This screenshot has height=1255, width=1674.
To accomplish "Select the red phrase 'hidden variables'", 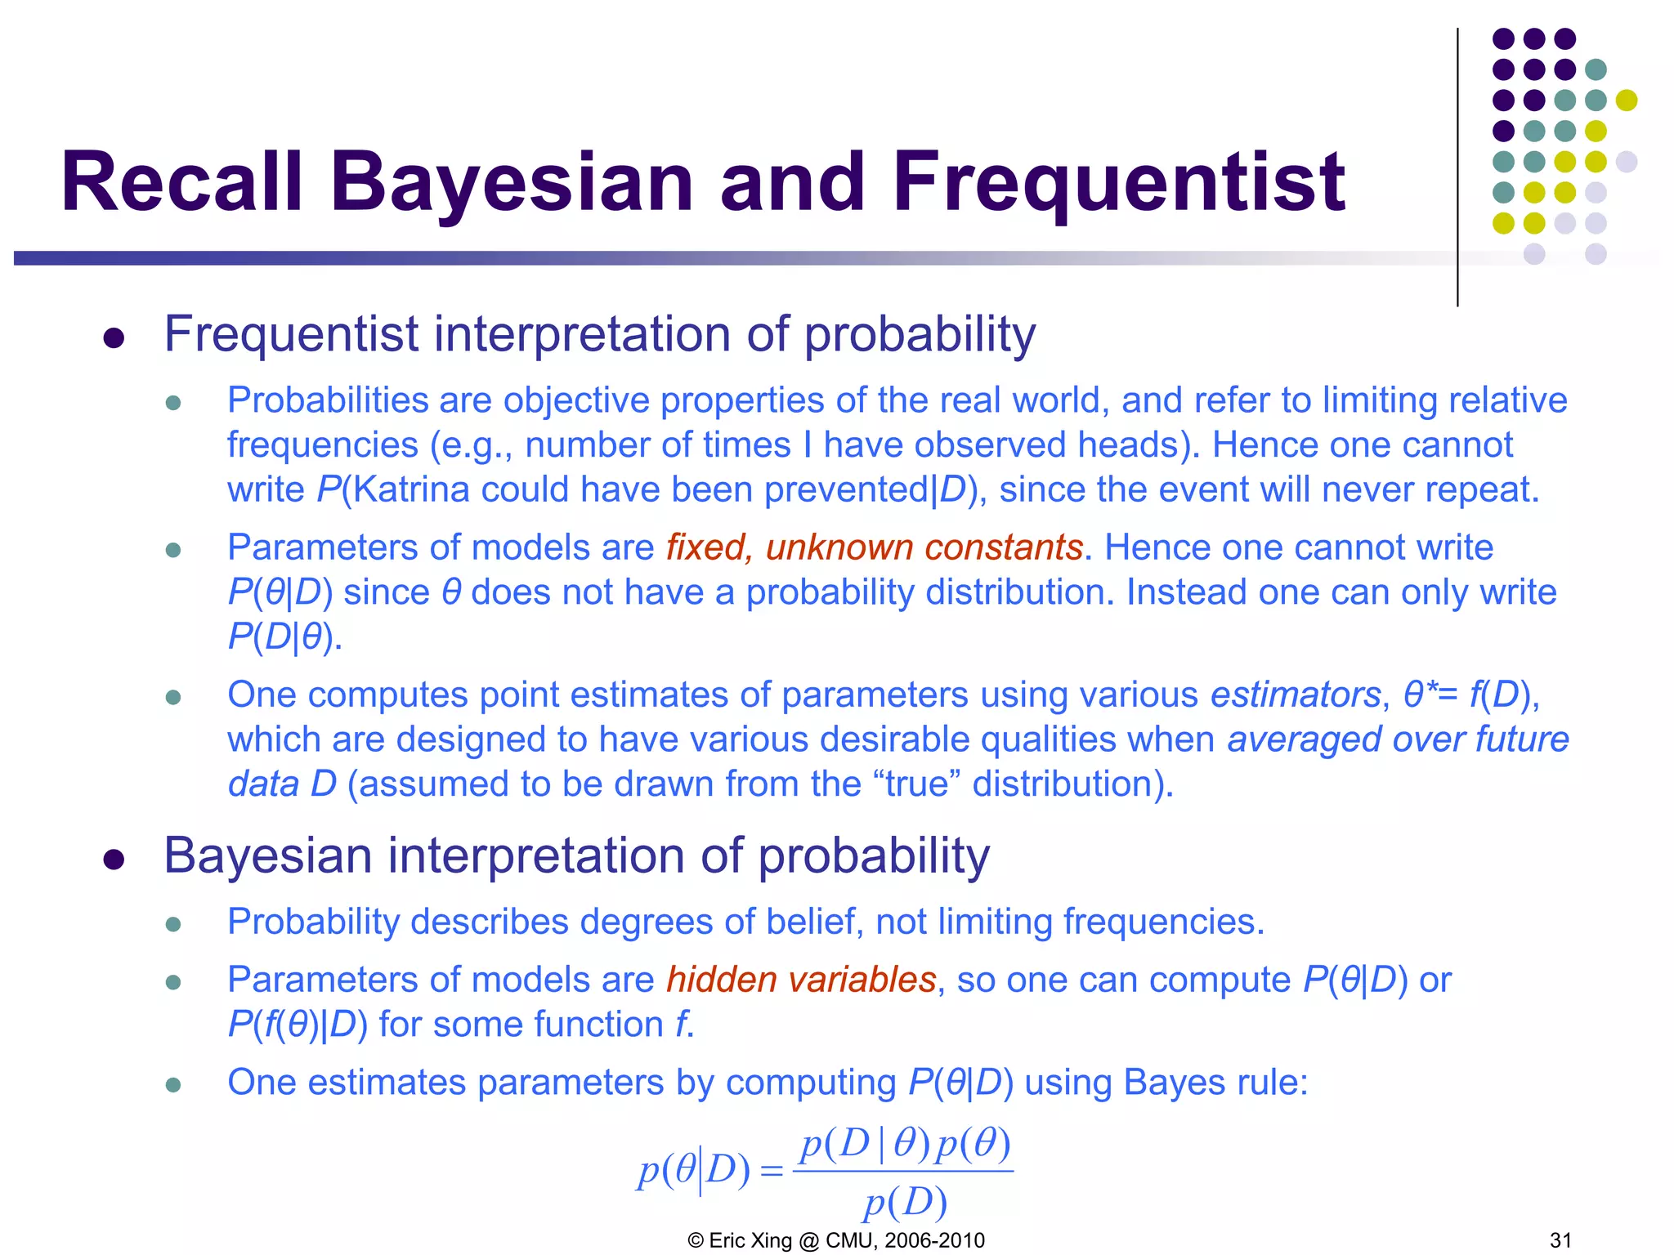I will (x=801, y=980).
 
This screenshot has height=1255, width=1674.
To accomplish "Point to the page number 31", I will (x=1560, y=1240).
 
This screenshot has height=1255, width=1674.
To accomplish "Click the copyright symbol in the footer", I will (x=696, y=1240).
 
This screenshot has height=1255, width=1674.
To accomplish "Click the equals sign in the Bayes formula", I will (x=771, y=1172).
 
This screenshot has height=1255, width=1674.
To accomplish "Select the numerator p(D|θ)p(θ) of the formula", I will (x=905, y=1144).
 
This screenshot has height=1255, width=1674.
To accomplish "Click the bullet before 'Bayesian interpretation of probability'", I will (x=114, y=860).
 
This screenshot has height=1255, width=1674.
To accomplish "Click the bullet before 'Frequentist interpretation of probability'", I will (x=114, y=338).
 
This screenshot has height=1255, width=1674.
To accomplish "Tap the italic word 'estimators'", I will (x=1296, y=695).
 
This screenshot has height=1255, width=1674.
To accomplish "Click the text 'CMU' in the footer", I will (x=850, y=1240).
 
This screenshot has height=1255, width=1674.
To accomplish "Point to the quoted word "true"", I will (x=916, y=784).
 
